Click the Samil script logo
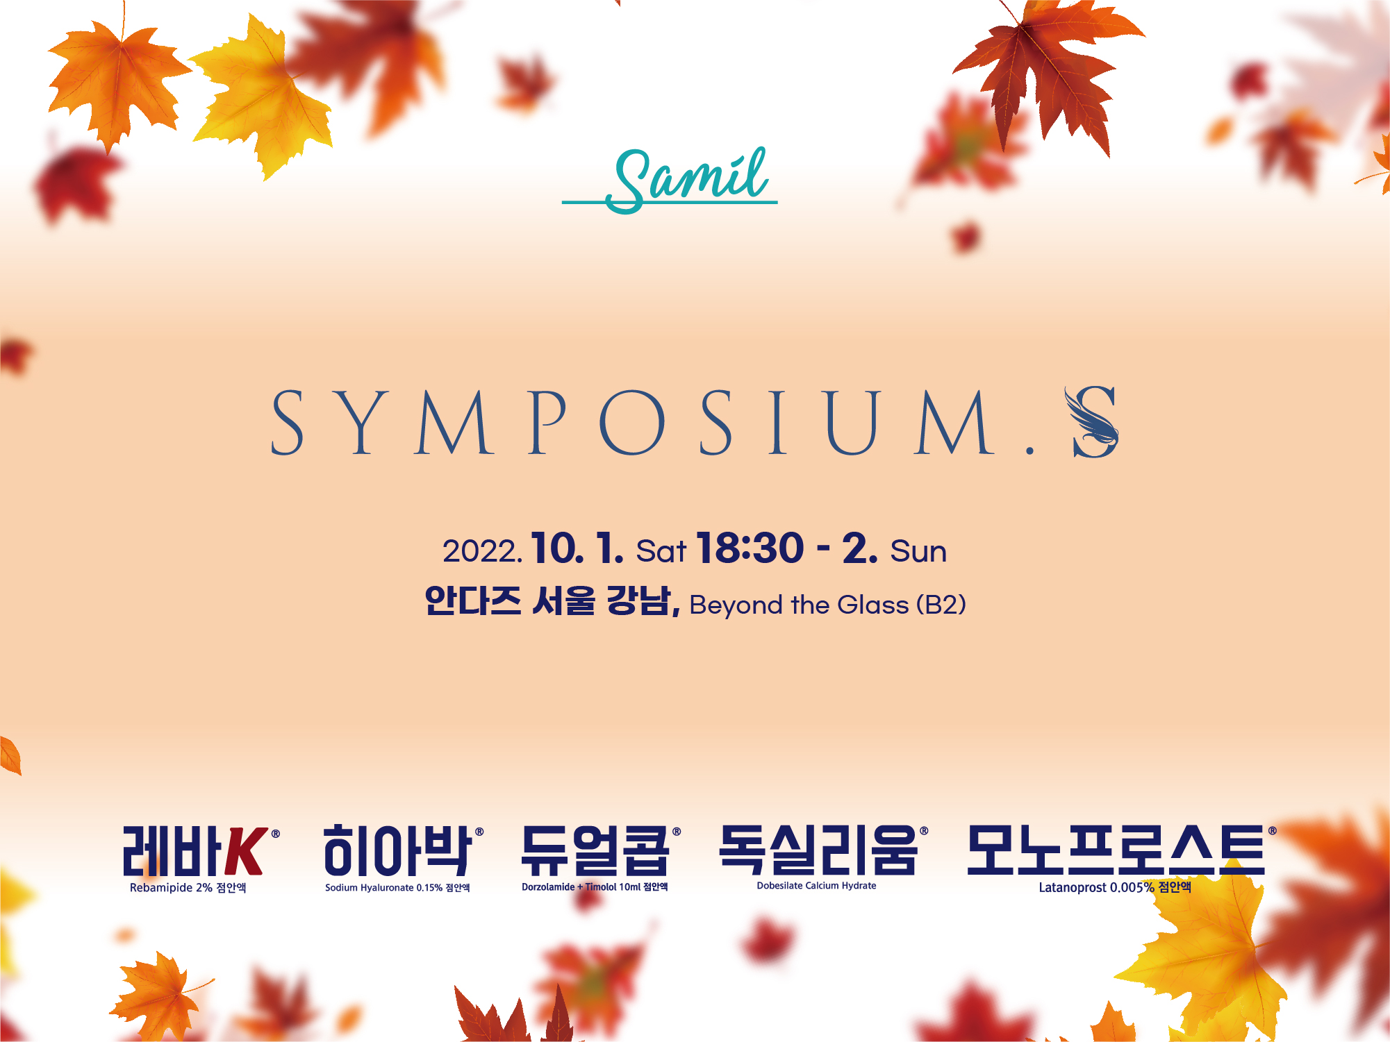(670, 180)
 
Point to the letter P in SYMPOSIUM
(546, 422)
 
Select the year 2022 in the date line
(482, 551)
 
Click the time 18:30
(750, 548)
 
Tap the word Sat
(661, 551)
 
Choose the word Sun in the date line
(918, 551)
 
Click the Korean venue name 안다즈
(472, 600)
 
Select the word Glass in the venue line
(873, 605)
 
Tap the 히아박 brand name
(398, 850)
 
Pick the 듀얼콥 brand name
(595, 850)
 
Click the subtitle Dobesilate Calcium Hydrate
(816, 886)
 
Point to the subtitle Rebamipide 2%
(171, 888)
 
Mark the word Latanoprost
(1073, 888)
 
